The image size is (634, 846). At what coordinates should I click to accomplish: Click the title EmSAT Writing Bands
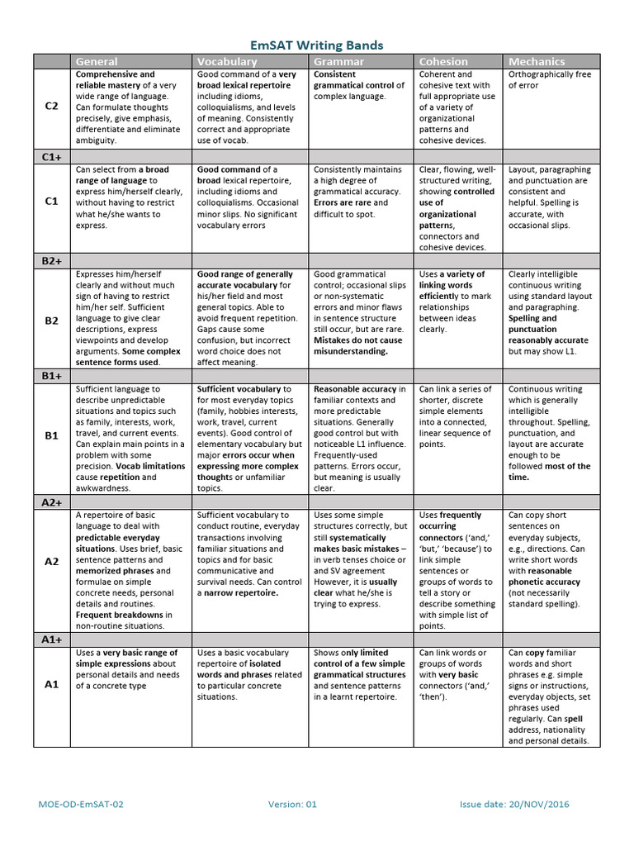tap(317, 45)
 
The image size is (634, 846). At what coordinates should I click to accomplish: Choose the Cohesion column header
tap(443, 61)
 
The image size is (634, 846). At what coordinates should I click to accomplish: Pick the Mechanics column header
tap(537, 61)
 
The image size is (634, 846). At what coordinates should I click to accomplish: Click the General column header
tap(97, 61)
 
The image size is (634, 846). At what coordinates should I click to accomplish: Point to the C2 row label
tap(51, 107)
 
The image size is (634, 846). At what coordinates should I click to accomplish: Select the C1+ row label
tap(51, 155)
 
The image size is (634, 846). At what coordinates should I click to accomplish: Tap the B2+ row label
tap(51, 260)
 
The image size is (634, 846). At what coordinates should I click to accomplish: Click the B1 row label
tap(51, 435)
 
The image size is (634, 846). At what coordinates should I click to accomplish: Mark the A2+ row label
tap(51, 501)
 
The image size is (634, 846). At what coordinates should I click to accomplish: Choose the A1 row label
tap(51, 683)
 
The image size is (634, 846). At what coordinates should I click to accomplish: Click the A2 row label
tap(51, 561)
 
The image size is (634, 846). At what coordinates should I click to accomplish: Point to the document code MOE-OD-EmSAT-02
tap(81, 804)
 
